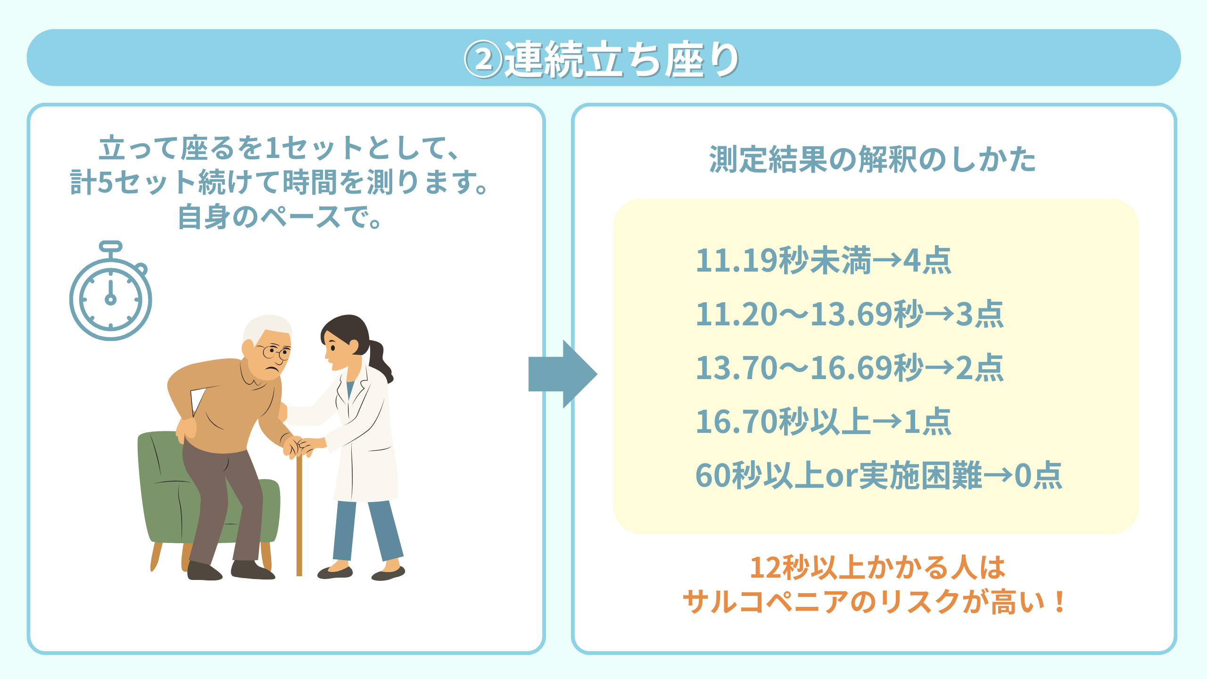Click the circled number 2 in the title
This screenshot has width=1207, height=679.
pyautogui.click(x=483, y=60)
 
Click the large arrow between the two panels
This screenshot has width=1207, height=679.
pyautogui.click(x=563, y=374)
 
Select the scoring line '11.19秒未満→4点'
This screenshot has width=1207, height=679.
pyautogui.click(x=824, y=260)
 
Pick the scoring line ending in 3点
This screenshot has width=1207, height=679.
pyautogui.click(x=850, y=314)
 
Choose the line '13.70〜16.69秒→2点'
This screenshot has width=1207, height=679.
pyautogui.click(x=850, y=368)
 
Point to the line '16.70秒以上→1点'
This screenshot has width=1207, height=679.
pyautogui.click(x=824, y=422)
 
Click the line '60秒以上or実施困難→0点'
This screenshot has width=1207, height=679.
pyautogui.click(x=879, y=475)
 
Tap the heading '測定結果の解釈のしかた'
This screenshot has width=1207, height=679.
pyautogui.click(x=872, y=159)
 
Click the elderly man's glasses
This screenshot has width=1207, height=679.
pyautogui.click(x=275, y=352)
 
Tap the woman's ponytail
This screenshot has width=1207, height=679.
pyautogui.click(x=380, y=361)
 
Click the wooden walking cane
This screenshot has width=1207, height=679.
pyautogui.click(x=299, y=514)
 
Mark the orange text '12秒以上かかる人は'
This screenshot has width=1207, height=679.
pyautogui.click(x=877, y=567)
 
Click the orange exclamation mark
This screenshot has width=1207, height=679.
pyautogui.click(x=1059, y=602)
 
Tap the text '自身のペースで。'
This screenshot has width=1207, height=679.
pyautogui.click(x=280, y=217)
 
